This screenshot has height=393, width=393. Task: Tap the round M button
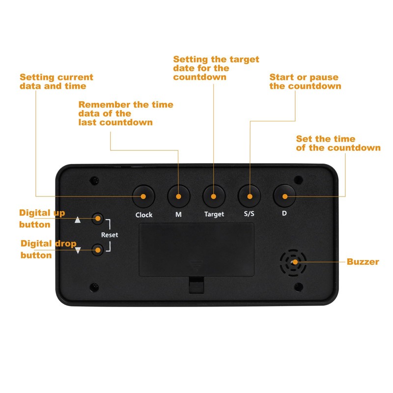coord(179,196)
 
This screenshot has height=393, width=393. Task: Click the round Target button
coord(214,196)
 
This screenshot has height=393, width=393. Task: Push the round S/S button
coord(249,196)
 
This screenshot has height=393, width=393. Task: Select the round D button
coord(284,196)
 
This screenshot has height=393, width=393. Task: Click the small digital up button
coord(97,219)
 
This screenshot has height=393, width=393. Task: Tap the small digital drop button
coord(97,250)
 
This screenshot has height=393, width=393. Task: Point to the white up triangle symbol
coord(78,220)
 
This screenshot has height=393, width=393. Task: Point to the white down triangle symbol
coord(78,250)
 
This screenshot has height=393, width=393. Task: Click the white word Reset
coord(110,235)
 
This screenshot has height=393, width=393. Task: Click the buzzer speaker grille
coord(293,263)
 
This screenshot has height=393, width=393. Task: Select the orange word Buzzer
coord(363,262)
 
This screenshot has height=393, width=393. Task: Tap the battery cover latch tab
coord(196,285)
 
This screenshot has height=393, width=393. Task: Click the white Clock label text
coord(144,215)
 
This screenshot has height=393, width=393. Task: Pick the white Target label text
coord(214,214)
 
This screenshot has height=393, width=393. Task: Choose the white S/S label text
coord(249,214)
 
